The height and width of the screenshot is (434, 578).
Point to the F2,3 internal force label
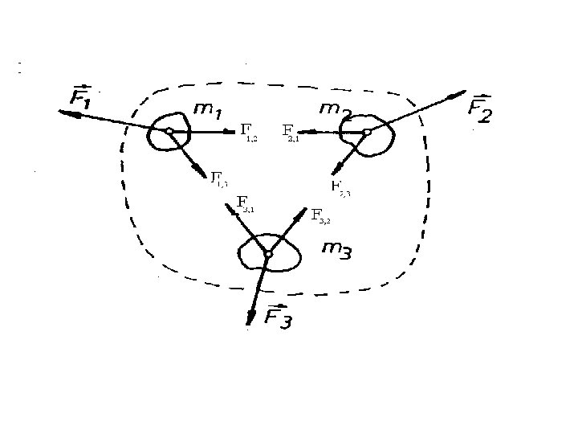click(340, 189)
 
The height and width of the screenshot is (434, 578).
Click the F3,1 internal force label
click(246, 204)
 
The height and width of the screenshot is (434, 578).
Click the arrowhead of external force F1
click(64, 113)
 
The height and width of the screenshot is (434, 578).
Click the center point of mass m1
click(169, 130)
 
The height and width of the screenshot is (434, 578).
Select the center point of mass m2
click(366, 131)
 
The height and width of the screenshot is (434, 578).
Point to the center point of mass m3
click(268, 254)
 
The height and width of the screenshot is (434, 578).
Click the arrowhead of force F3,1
click(229, 206)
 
